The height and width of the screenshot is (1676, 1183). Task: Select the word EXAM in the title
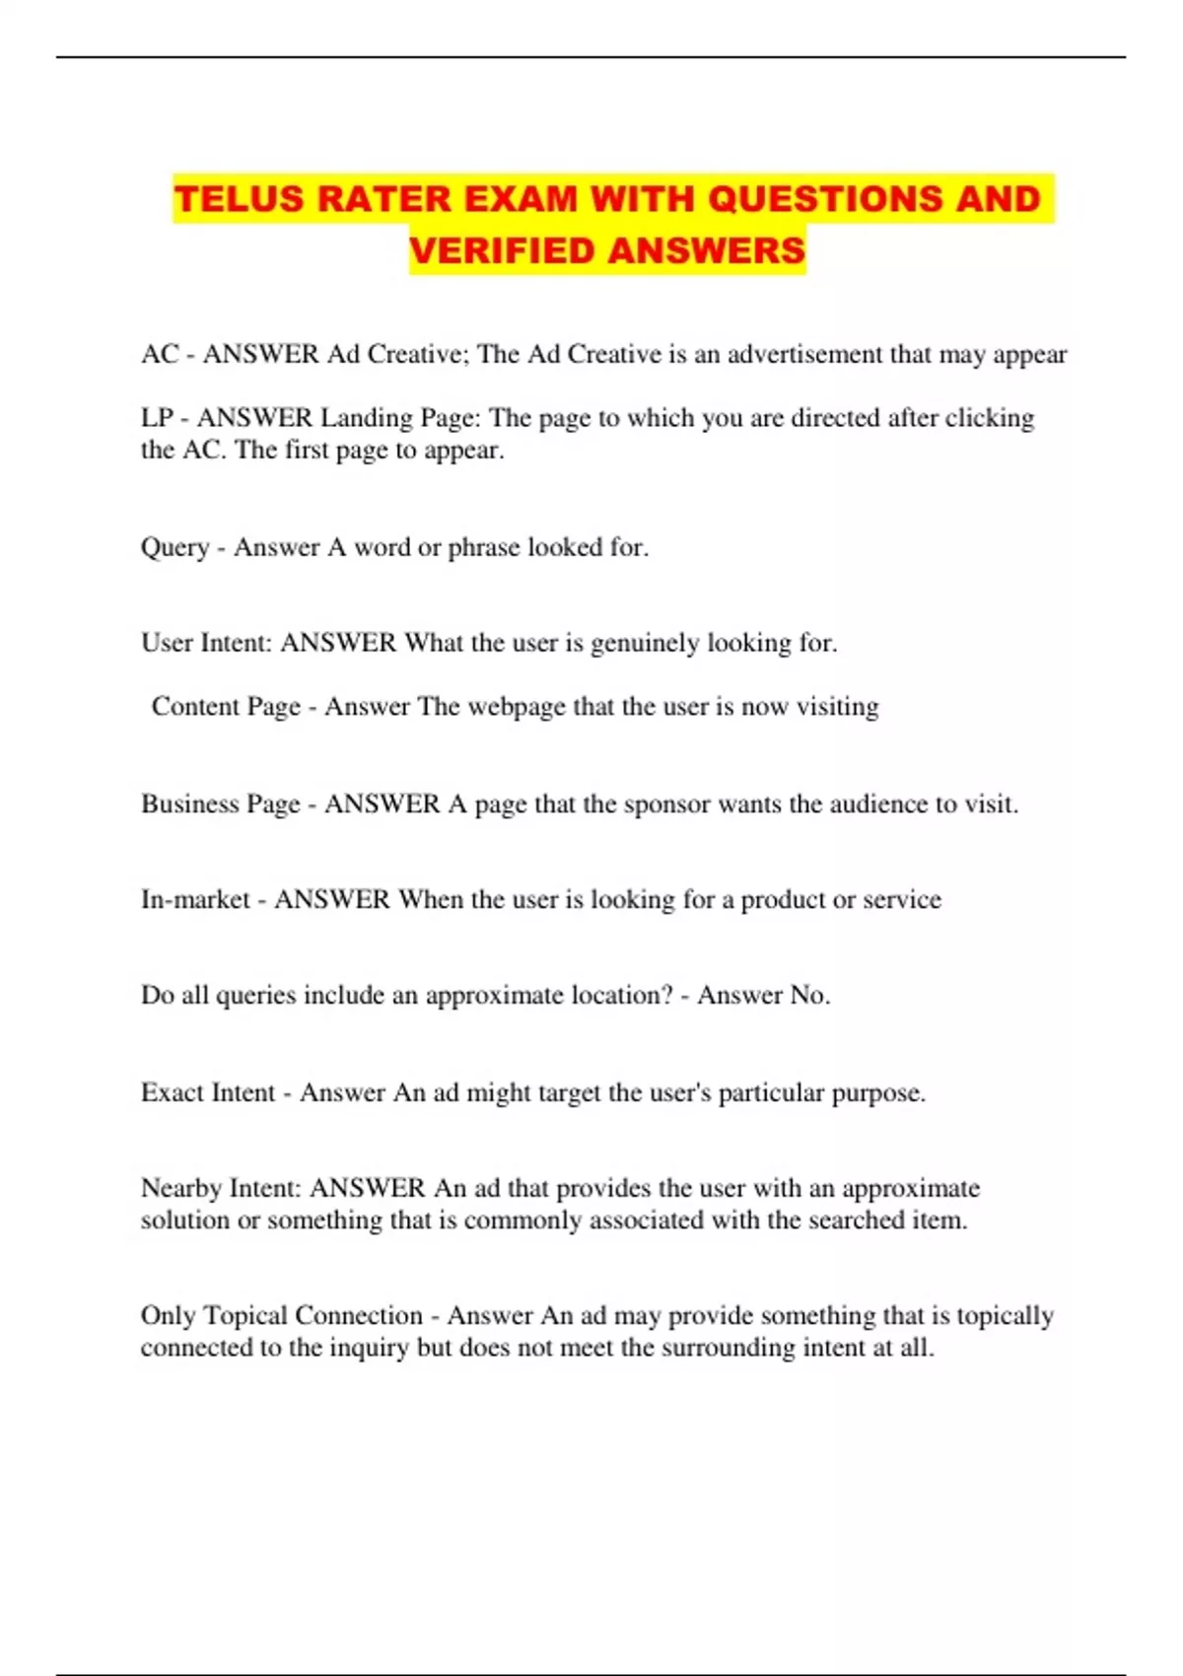pos(521,199)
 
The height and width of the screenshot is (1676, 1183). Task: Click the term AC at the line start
pos(159,355)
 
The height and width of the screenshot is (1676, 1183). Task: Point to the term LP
pos(157,418)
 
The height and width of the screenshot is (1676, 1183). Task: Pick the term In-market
pos(195,899)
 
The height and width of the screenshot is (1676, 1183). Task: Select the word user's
pos(678,1092)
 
